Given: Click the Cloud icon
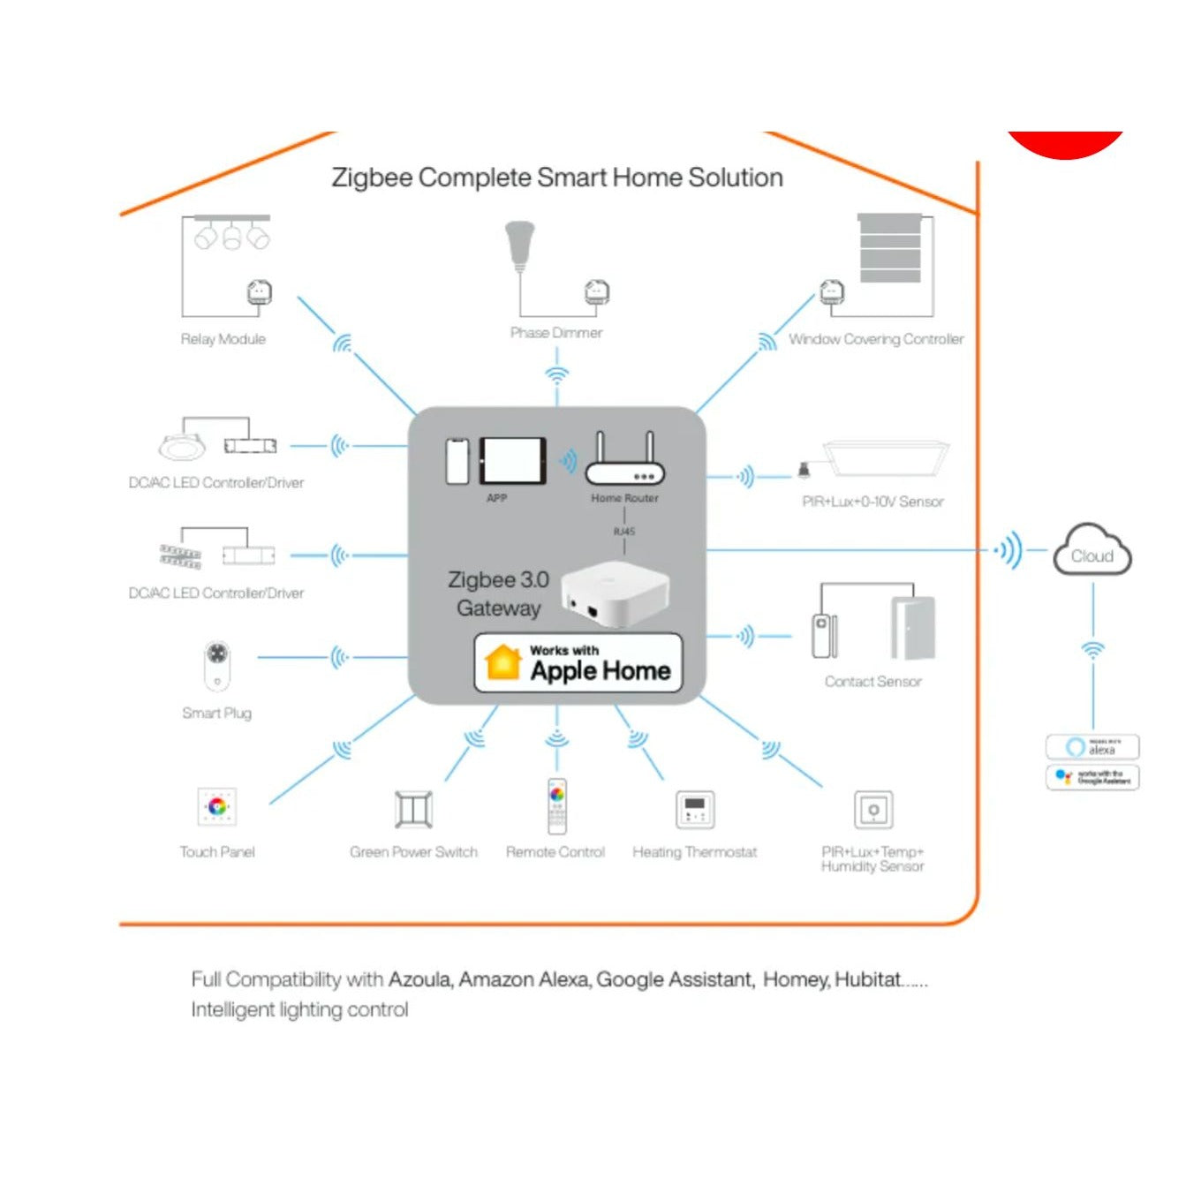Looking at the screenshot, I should coord(1092,551).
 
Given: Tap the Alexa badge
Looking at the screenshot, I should coord(1092,747).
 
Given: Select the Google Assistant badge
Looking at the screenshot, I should coord(1092,777).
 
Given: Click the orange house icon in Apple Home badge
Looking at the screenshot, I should coord(502,662).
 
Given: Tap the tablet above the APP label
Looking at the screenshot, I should coord(512,460).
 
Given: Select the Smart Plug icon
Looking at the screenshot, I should coord(217,665).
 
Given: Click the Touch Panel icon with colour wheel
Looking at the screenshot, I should coord(217,806).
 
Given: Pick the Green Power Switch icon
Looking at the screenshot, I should coord(413,809).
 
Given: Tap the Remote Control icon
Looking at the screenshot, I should coord(556,805).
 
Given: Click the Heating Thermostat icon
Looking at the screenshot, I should coord(695,809).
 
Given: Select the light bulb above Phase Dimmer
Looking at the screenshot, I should coord(520,246).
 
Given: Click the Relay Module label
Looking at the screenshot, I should coord(223,339).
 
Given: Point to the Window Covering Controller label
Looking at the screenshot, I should coord(875,339).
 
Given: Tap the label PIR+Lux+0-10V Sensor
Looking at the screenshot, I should coord(873,502).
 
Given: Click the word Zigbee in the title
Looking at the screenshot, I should coord(372,178).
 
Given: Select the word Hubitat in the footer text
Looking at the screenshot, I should coord(867,979).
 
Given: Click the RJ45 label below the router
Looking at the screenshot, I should coord(623,532).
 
